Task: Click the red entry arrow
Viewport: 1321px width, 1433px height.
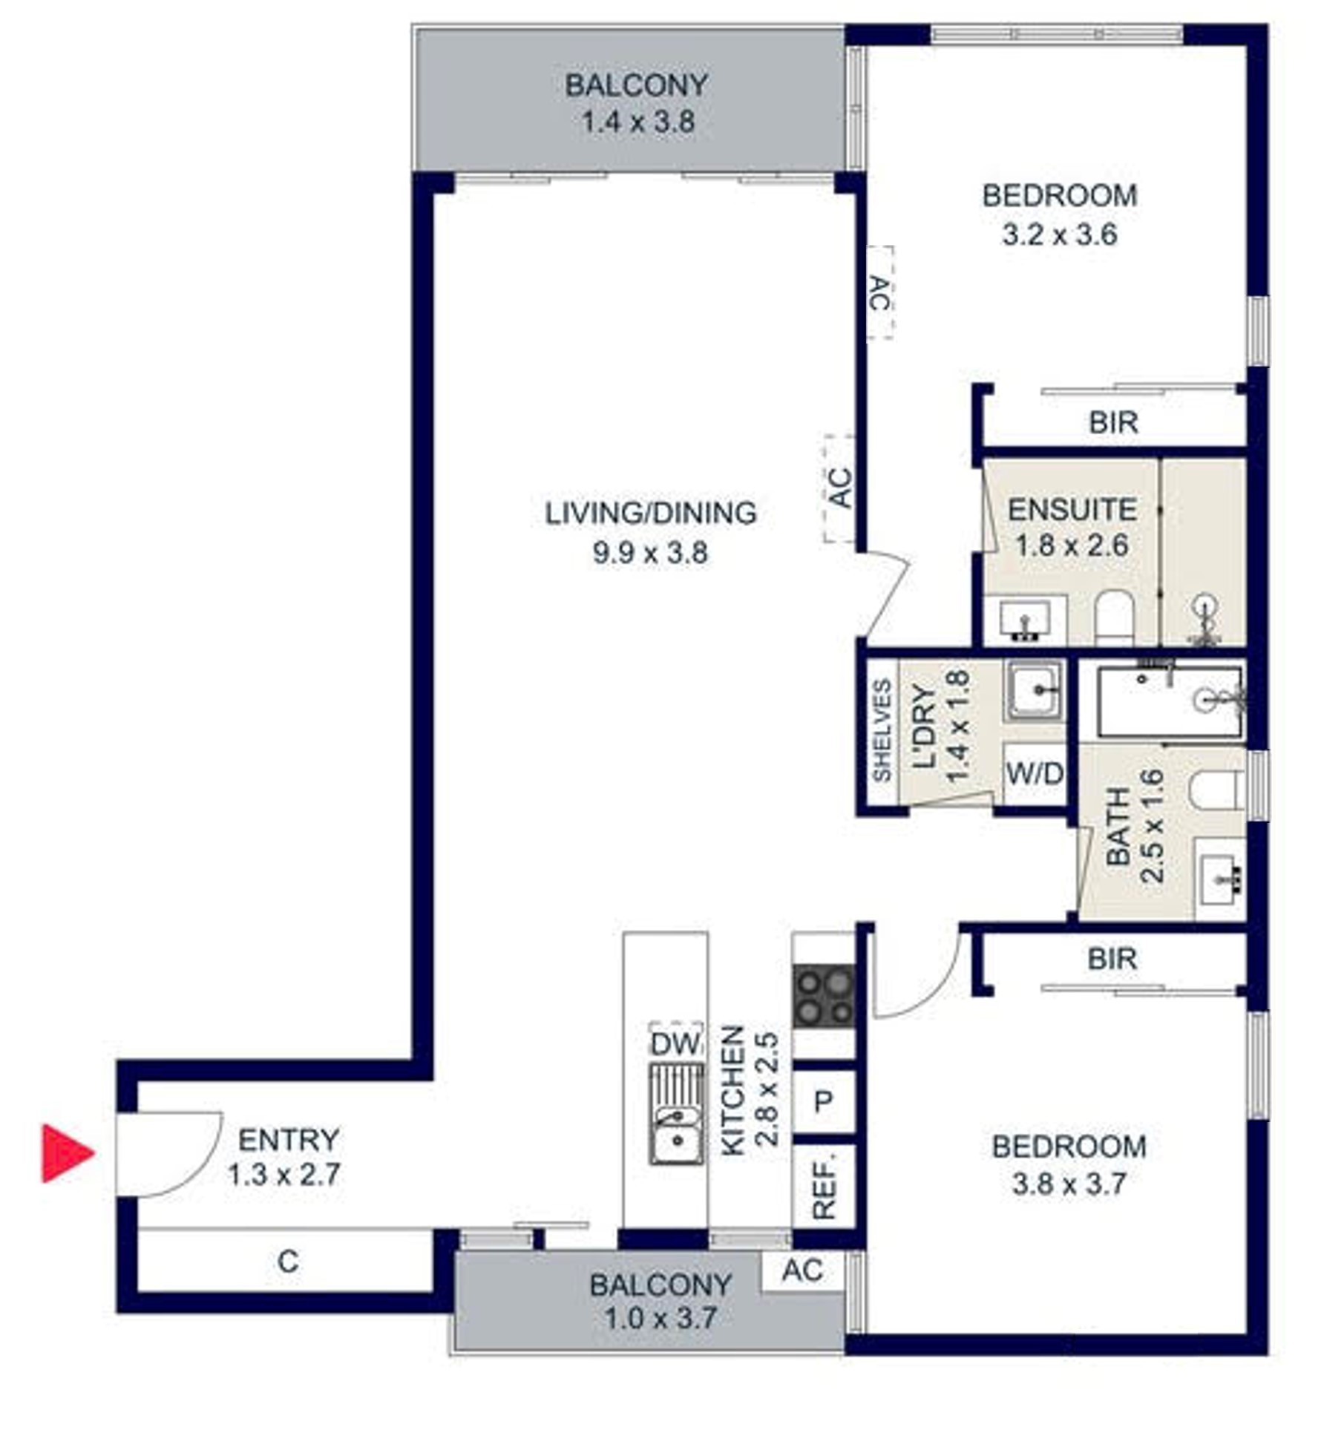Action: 65,1152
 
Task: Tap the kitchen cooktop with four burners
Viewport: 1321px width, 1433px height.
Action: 824,996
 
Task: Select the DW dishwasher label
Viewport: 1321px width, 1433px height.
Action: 675,1044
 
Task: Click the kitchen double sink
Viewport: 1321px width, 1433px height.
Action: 677,1114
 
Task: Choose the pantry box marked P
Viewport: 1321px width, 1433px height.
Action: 824,1102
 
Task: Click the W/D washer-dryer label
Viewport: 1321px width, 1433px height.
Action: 1035,774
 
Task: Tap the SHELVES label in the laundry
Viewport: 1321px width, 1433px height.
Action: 882,731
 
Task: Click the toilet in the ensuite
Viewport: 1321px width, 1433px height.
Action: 1115,617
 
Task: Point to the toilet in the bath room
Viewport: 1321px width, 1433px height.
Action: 1216,791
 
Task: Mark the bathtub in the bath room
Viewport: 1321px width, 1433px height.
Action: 1170,702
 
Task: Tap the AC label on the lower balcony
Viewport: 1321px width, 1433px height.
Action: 803,1270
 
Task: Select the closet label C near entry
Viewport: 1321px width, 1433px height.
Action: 288,1261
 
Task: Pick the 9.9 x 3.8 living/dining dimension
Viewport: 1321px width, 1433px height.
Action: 650,553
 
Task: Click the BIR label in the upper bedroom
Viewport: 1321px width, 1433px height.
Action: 1113,422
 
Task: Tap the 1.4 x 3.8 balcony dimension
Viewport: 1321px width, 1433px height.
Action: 637,121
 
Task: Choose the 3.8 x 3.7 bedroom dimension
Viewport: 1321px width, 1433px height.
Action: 1069,1183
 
